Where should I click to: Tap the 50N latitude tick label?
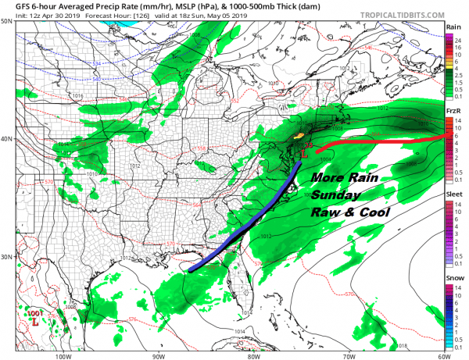tap(7, 22)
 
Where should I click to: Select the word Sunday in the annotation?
tap(332, 194)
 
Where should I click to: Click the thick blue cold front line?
tap(250, 223)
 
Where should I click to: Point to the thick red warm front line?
tap(375, 141)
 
